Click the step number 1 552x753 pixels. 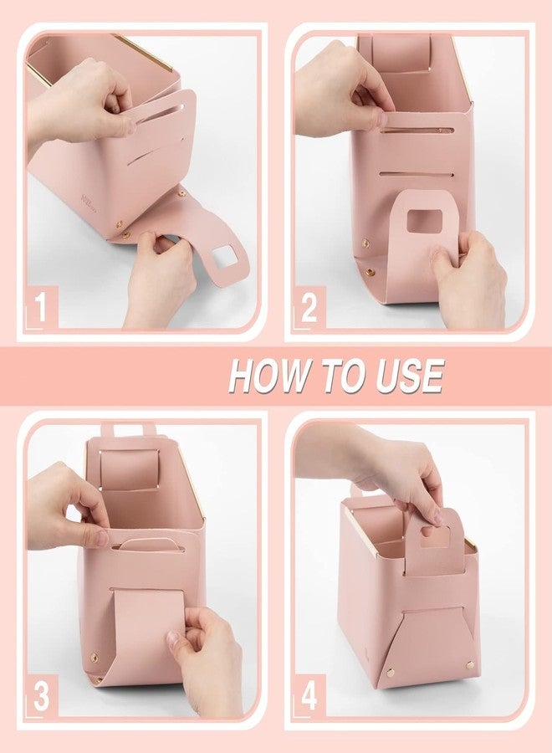pos(41,308)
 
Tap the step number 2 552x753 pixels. pos(309,308)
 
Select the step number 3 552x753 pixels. pos(41,697)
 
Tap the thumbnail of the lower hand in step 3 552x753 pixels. pos(173,638)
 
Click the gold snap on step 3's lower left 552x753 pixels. pos(94,657)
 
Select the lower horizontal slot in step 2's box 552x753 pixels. pos(416,174)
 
